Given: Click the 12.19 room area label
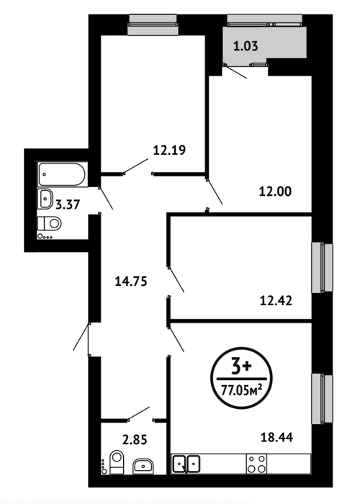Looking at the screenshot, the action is pos(169,150).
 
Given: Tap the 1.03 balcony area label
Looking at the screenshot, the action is pos(246,46).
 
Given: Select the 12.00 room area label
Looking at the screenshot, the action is pos(275,192).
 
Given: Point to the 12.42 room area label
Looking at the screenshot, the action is pos(276,301).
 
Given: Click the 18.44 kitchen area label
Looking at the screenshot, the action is pos(276,438).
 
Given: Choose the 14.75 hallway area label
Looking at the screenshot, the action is pos(131,282).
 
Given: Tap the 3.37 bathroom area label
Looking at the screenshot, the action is pos(68,204).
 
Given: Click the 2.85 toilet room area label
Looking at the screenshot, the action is pos(135,439).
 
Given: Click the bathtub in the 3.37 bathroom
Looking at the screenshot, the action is pos(63,174).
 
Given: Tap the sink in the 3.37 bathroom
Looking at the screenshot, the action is pos(45,199).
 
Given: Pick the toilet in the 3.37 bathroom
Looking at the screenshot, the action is pos(49,223).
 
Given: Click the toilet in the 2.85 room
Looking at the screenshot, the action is pos(117,462).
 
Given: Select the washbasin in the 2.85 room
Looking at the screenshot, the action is pos(143,466).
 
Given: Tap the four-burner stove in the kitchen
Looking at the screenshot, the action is pos(256,464).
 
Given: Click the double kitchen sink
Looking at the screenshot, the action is pos(186,464).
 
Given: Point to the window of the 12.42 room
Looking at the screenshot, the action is pos(323,268).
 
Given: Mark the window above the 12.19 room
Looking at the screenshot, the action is pos(153,24).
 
